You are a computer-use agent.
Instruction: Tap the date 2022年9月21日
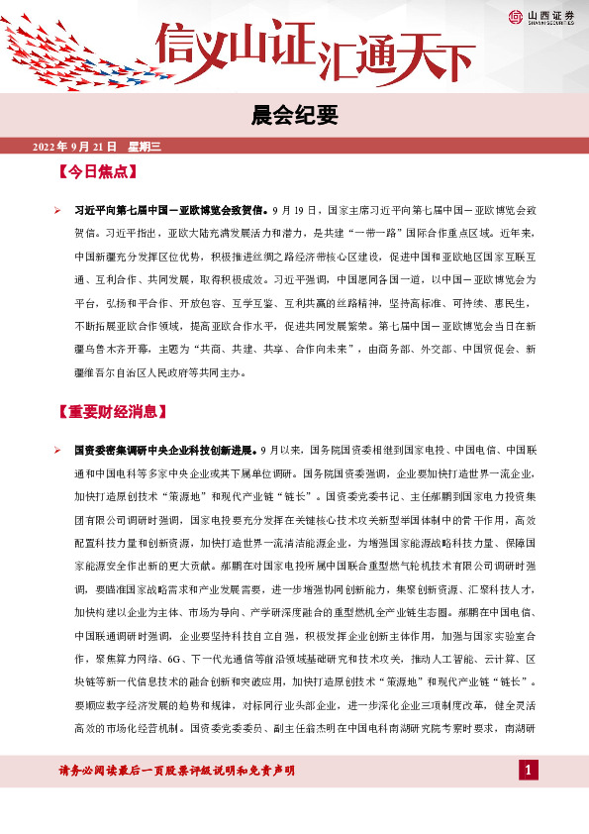coord(75,147)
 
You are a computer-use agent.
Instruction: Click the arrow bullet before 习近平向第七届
coord(57,210)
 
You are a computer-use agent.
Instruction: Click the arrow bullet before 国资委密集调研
coord(57,450)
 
